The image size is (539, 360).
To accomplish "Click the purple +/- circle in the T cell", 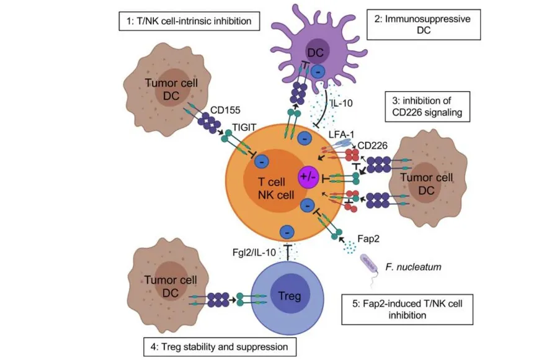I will tap(307, 176).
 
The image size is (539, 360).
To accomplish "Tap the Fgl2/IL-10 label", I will tap(249, 252).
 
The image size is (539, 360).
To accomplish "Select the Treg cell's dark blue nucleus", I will tap(290, 296).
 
